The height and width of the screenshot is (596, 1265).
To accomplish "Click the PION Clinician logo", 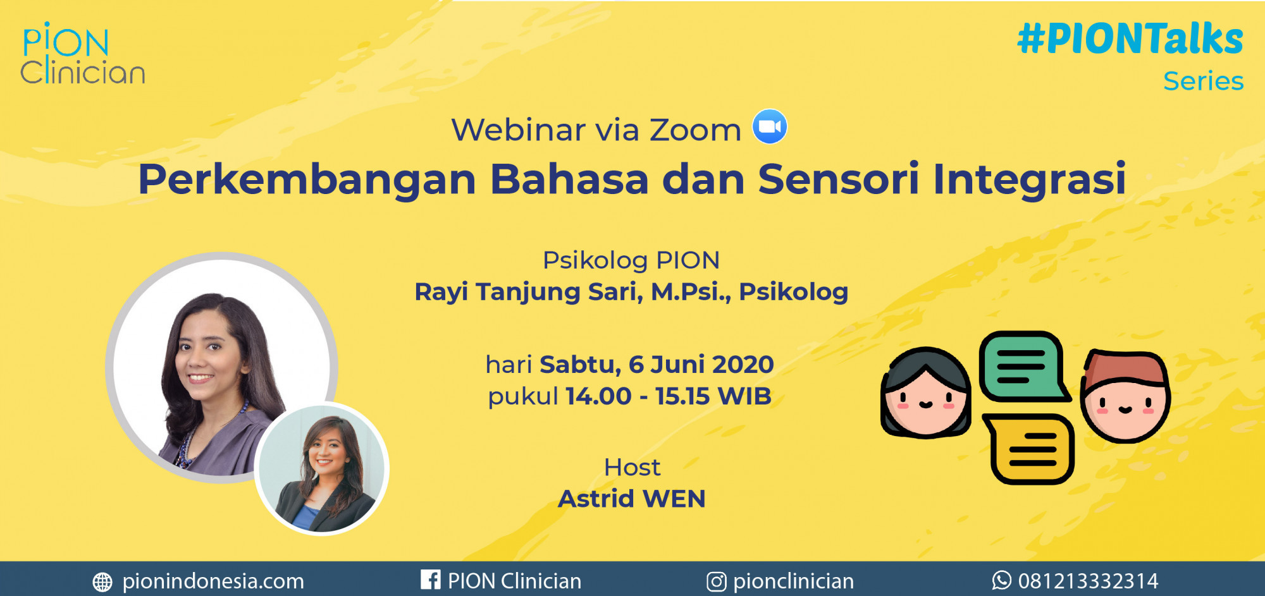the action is pos(82,54).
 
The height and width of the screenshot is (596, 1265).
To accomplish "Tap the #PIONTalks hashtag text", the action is pos(1130,39).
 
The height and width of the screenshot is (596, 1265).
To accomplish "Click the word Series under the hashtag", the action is pos(1204,81).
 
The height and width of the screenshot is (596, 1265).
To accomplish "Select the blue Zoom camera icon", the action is pos(770,126).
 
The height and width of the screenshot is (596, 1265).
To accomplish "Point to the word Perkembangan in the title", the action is pos(307,180).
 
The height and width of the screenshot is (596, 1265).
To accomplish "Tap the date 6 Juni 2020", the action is pos(701,365).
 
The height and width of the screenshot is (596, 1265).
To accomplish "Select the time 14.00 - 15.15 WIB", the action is pos(669,396).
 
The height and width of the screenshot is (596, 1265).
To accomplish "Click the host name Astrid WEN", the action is pos(631,499).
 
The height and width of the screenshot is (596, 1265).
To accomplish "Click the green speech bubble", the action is pos(1023,367).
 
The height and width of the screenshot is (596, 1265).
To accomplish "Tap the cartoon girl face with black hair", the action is pos(926,392).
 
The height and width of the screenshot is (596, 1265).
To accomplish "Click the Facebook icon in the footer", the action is pos(431,580).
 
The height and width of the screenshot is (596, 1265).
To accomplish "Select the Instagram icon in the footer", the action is pos(716,581).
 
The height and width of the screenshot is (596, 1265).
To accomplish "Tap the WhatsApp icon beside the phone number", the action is pos(1001,580).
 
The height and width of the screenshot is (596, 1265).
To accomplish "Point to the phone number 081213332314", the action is pos(1088,581).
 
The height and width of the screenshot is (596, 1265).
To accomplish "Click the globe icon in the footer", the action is pos(102,582).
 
